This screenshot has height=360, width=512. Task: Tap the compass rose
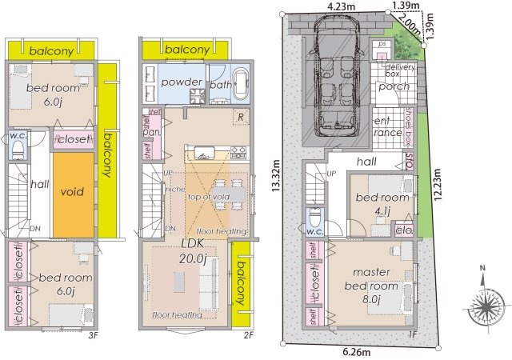487,304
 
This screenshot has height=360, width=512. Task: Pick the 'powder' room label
181,83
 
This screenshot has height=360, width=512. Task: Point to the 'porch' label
394,86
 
